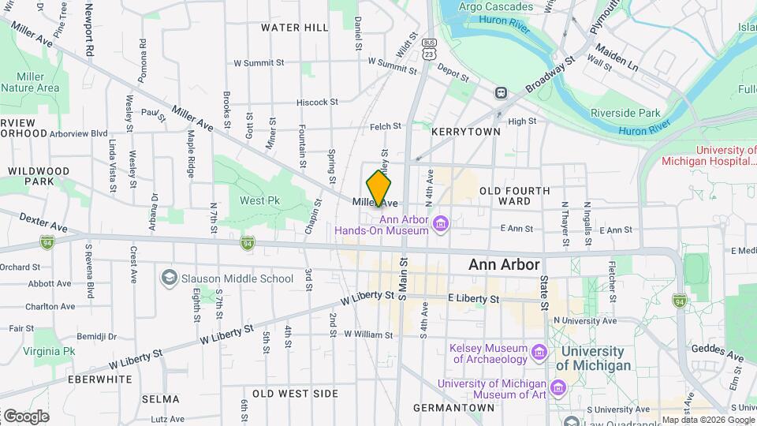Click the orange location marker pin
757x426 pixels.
click(x=379, y=188)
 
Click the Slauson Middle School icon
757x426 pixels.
click(x=169, y=278)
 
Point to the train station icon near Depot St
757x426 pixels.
click(x=500, y=92)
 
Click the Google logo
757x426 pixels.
click(x=26, y=416)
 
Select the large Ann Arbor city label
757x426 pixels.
click(x=504, y=265)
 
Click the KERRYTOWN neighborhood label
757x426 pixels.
click(x=465, y=132)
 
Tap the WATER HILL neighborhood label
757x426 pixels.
click(x=294, y=28)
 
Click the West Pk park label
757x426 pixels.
click(x=260, y=200)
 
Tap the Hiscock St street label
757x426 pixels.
click(x=317, y=102)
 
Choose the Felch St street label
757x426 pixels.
click(x=386, y=126)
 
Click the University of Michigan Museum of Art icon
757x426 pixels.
click(x=558, y=388)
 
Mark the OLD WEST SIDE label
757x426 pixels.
click(x=295, y=393)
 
